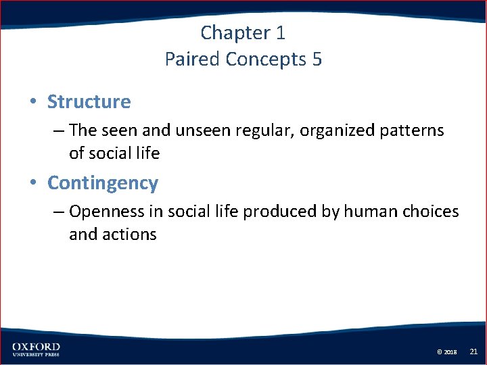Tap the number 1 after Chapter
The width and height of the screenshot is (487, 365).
click(281, 32)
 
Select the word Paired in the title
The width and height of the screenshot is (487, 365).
click(192, 59)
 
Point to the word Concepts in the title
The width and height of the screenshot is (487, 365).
click(266, 59)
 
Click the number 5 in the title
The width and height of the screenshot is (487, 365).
click(317, 59)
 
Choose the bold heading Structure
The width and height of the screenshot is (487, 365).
click(89, 102)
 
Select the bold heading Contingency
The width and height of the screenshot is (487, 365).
click(103, 183)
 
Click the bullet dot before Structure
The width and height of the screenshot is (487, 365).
click(32, 103)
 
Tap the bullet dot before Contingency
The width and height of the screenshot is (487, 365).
click(32, 184)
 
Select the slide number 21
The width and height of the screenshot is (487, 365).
click(473, 351)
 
